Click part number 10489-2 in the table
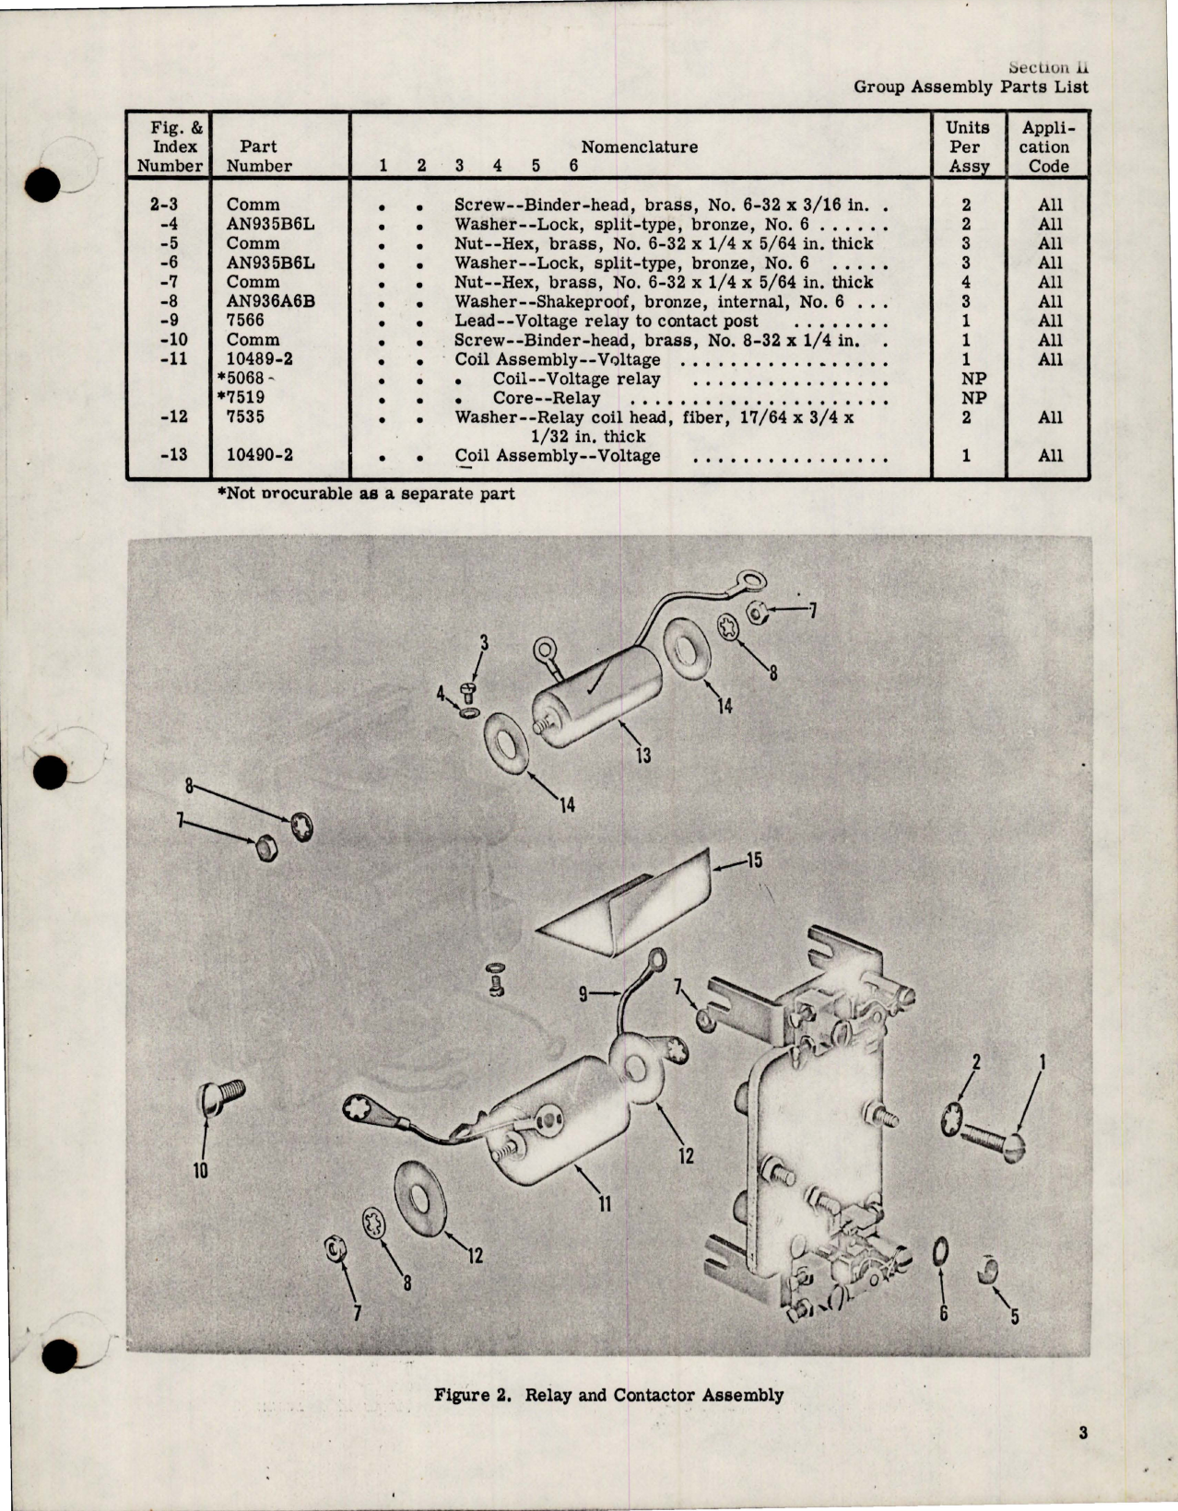(259, 359)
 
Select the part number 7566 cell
(245, 321)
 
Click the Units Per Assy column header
(967, 146)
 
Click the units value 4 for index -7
(966, 282)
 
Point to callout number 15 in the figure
(754, 861)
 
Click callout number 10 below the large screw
(200, 1171)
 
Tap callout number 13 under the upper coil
(642, 755)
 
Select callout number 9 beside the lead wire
(583, 994)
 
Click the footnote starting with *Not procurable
(366, 493)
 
